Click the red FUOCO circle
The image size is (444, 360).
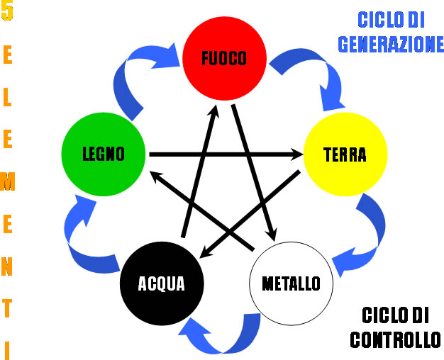[224, 57]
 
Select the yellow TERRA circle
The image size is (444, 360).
[345, 154]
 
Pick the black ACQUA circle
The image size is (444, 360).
[162, 283]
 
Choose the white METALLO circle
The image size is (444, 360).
[291, 283]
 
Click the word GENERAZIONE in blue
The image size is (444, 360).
[391, 44]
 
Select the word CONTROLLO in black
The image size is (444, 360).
[395, 339]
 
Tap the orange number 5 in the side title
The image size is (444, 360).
[7, 12]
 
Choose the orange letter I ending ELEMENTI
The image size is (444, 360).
[7, 349]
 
